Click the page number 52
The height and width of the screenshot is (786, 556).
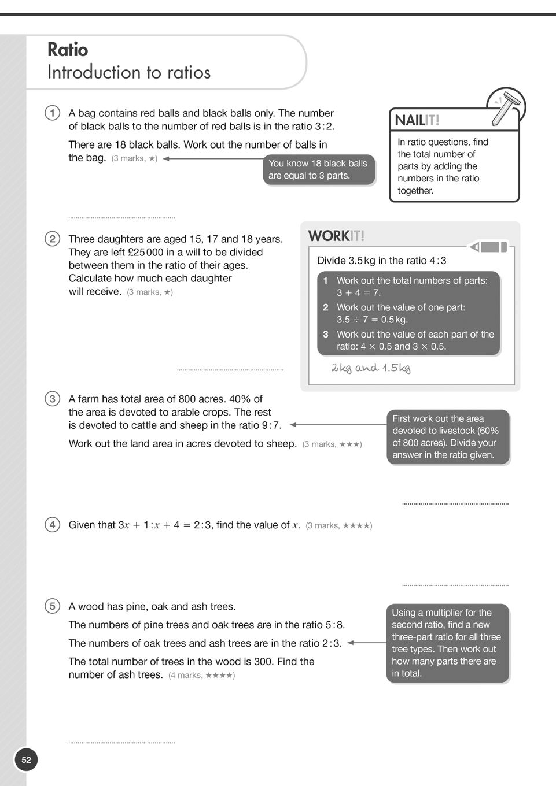click(26, 759)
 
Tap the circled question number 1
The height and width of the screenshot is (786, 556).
click(52, 113)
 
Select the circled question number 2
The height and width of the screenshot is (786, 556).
click(52, 239)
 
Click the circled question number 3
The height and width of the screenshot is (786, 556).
click(52, 399)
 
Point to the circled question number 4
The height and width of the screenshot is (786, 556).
click(52, 525)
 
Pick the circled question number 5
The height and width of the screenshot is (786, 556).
click(52, 606)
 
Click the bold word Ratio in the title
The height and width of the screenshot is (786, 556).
click(68, 50)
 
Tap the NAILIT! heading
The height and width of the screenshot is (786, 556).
click(417, 120)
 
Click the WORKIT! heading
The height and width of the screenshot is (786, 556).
click(336, 236)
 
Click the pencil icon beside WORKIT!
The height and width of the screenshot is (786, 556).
click(489, 247)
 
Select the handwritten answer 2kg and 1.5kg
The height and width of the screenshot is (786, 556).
click(371, 368)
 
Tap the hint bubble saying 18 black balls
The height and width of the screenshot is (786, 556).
click(318, 169)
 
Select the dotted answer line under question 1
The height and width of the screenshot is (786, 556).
click(121, 218)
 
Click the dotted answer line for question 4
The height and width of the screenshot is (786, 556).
click(455, 585)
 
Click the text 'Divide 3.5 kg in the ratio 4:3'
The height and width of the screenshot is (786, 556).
click(382, 261)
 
